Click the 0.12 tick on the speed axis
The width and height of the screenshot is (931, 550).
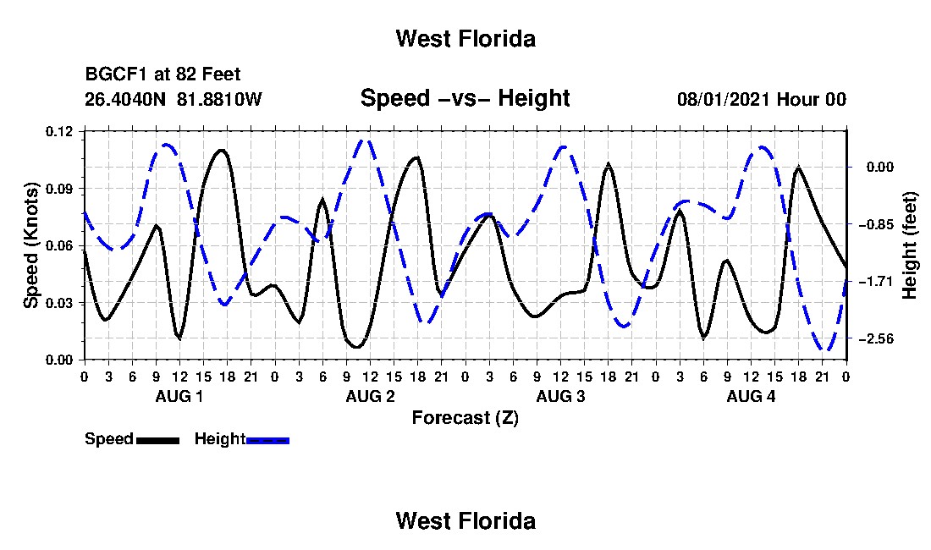tap(58, 131)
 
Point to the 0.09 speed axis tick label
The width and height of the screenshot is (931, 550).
tap(58, 189)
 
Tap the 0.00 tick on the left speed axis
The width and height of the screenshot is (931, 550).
tap(58, 360)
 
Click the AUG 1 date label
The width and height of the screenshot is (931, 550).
tap(179, 396)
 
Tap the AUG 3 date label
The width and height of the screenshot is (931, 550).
tap(560, 396)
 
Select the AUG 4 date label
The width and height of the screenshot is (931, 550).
tap(751, 396)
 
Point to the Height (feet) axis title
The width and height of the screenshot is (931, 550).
tap(910, 245)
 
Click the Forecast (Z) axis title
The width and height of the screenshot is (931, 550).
tap(465, 418)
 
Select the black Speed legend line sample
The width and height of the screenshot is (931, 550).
tap(157, 440)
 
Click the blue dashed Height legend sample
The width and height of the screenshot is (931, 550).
tap(267, 440)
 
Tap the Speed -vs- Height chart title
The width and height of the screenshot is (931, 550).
tap(465, 98)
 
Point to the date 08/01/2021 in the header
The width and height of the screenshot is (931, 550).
tap(724, 99)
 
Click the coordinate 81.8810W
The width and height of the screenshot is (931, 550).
tap(219, 99)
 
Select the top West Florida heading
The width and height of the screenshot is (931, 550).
tap(465, 39)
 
